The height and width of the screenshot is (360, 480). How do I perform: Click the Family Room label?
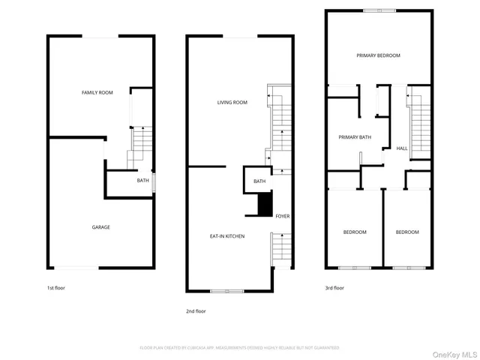[97, 92]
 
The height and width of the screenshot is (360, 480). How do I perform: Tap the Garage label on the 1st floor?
[100, 227]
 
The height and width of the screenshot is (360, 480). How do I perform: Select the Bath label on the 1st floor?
[142, 181]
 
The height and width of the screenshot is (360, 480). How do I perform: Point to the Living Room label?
[232, 103]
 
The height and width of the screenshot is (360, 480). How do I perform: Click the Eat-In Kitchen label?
[227, 236]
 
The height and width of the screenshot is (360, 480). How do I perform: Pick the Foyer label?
[282, 217]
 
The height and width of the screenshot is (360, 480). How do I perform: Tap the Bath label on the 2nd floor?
[259, 181]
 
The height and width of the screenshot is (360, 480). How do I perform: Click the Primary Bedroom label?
[378, 55]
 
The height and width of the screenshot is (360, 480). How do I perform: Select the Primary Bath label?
[355, 137]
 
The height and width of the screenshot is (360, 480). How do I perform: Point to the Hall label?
[402, 148]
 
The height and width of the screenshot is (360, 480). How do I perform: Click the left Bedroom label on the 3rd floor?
[355, 232]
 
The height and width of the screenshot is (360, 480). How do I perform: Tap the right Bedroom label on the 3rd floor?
[407, 232]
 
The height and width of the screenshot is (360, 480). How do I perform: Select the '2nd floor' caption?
[196, 310]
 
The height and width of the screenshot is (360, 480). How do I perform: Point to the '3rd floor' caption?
[334, 288]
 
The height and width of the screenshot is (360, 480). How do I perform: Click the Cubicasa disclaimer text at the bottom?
[239, 348]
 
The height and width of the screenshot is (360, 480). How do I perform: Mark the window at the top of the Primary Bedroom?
[379, 10]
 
